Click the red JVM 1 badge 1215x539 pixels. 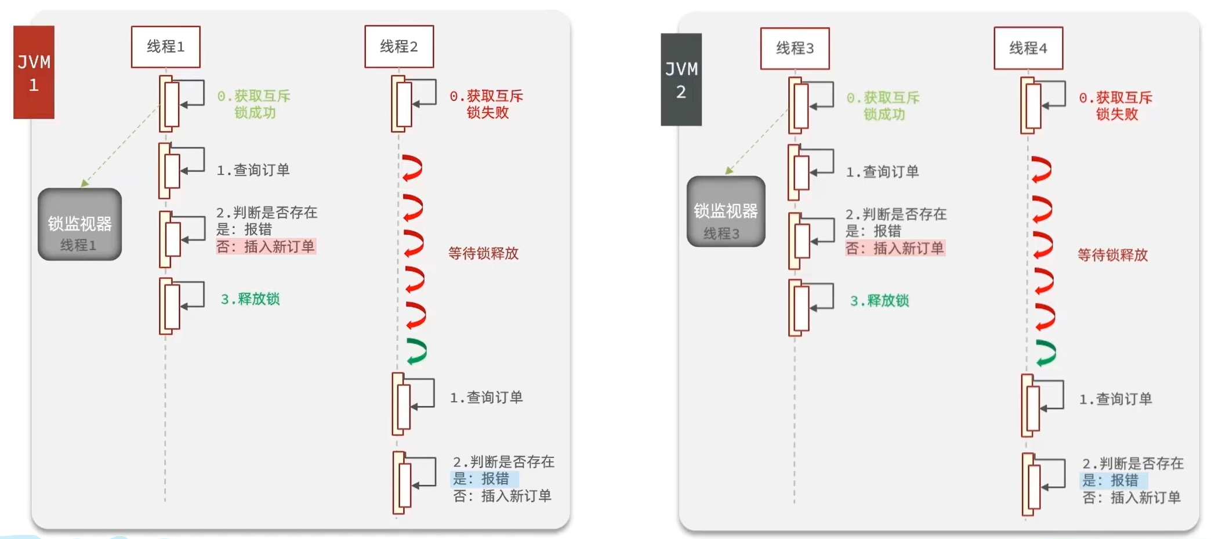pos(34,72)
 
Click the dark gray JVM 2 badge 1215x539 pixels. pos(681,79)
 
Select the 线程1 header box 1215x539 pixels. pos(166,46)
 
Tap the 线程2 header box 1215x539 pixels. pos(399,46)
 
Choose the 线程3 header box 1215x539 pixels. pos(795,48)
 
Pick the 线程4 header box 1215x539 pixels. pos(1028,48)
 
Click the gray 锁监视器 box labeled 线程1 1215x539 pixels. pos(79,224)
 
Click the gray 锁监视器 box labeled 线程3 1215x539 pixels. pos(726,212)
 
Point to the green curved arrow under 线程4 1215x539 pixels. pos(1046,353)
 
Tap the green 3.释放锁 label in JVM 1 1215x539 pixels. pos(250,299)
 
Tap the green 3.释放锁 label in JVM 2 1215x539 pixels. pos(879,301)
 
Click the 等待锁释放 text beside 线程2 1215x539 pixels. pos(483,253)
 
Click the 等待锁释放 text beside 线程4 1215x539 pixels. pos(1112,255)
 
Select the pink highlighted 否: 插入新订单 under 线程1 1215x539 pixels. pos(266,246)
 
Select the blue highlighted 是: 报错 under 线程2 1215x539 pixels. pos(481,479)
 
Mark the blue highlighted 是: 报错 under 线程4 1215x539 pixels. pos(1111,480)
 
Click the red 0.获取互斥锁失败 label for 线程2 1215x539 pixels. pos(487,104)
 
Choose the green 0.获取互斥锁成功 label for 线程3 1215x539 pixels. pos(883,106)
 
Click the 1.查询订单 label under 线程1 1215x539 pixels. pos(253,170)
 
